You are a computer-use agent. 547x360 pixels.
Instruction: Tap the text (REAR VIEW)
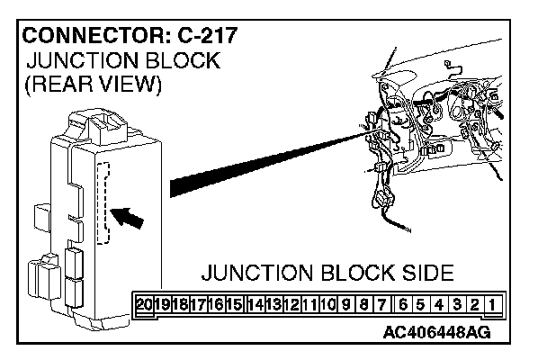point(93,85)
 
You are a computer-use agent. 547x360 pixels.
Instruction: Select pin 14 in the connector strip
point(256,303)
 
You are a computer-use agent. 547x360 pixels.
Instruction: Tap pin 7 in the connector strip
point(382,303)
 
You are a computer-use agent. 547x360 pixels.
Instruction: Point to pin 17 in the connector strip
point(199,303)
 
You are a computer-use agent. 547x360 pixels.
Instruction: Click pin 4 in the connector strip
point(438,303)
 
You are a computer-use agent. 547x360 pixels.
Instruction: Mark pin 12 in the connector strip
point(291,303)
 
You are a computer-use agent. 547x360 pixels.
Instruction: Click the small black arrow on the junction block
point(130,216)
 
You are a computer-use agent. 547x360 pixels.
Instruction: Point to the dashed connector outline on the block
point(103,202)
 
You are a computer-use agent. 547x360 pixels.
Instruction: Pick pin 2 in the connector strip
point(474,303)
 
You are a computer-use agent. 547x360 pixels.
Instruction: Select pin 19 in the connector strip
point(162,303)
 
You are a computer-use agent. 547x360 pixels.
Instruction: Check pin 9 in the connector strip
point(346,303)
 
